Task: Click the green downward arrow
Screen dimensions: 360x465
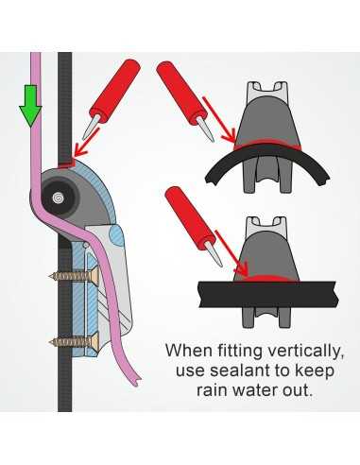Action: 30,106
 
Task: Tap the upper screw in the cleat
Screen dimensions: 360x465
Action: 75,276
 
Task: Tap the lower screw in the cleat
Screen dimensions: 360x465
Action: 75,341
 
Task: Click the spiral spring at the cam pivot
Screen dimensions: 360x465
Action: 59,198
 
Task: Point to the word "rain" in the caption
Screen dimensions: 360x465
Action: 212,390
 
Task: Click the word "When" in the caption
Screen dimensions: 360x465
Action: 188,350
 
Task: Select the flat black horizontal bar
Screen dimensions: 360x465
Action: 268,294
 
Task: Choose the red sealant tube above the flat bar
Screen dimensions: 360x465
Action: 193,225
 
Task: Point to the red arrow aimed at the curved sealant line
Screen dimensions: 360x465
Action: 219,120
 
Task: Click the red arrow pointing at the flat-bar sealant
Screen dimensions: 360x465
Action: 232,252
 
